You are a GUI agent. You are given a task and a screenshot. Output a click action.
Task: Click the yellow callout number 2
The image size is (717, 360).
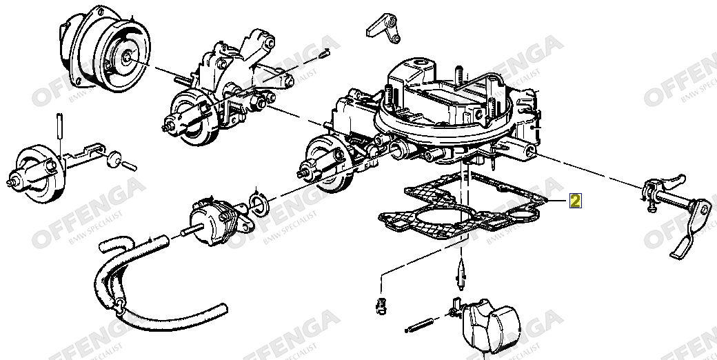(x=575, y=201)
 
